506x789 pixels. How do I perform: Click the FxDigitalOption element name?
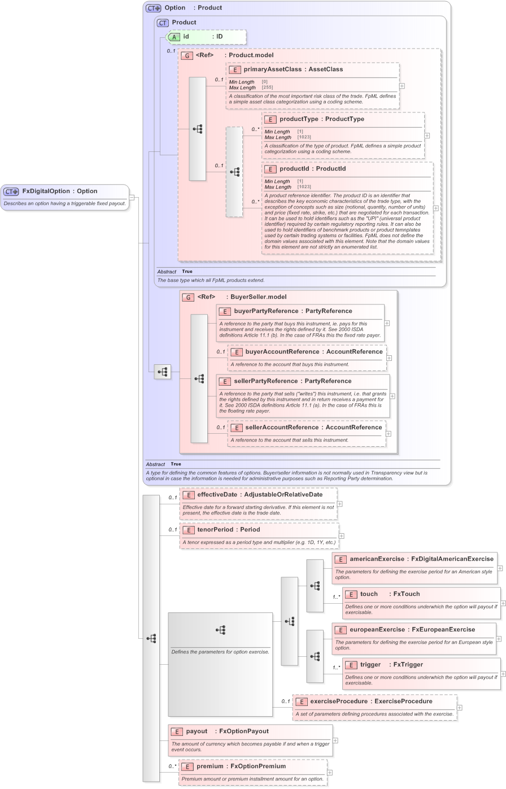pyautogui.click(x=46, y=191)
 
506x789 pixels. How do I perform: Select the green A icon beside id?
pyautogui.click(x=175, y=37)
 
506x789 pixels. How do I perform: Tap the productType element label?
pyautogui.click(x=299, y=119)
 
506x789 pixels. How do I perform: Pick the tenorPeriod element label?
pyautogui.click(x=212, y=530)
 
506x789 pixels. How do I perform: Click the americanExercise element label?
pyautogui.click(x=377, y=559)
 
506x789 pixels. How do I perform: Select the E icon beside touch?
pyautogui.click(x=351, y=594)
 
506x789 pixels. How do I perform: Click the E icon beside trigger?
pyautogui.click(x=351, y=665)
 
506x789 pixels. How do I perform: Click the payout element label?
pyautogui.click(x=197, y=731)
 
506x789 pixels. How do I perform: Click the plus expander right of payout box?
pyautogui.click(x=335, y=740)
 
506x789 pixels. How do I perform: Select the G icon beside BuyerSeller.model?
pyautogui.click(x=187, y=297)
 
